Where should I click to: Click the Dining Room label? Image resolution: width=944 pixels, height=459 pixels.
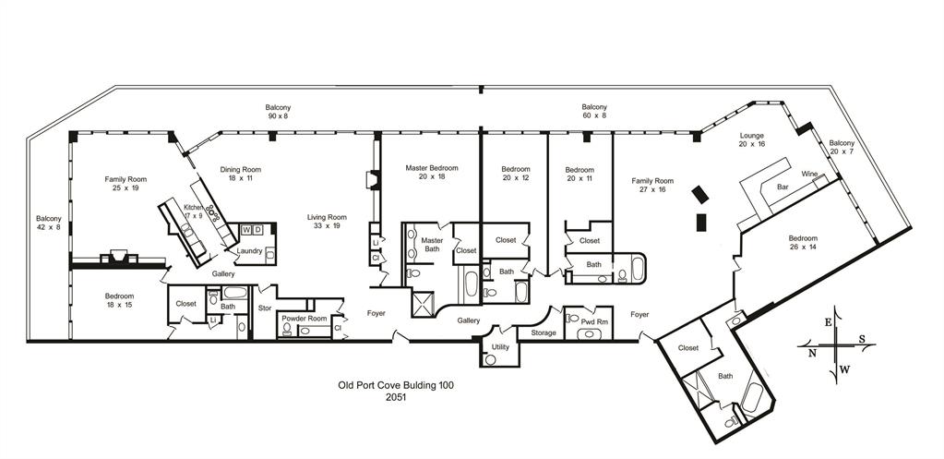coord(240,170)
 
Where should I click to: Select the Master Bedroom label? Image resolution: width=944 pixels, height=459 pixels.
coord(431,168)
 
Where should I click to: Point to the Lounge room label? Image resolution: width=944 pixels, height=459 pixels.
coord(752,136)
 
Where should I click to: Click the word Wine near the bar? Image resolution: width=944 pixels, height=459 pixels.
coord(809,174)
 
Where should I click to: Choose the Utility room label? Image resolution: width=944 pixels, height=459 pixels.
coord(500,346)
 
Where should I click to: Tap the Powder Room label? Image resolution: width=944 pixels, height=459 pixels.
coord(305,319)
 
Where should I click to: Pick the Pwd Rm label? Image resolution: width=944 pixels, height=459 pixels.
coord(594,320)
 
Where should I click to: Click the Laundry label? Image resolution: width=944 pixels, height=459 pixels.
coord(249,250)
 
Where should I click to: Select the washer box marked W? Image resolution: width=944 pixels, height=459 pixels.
coord(246,229)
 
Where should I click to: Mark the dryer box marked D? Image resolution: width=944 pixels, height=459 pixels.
coord(258,229)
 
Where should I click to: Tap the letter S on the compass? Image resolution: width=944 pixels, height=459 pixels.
coord(862,338)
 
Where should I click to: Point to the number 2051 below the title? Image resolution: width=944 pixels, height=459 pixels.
coord(396,397)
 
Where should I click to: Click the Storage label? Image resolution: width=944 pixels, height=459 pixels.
coord(544,332)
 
